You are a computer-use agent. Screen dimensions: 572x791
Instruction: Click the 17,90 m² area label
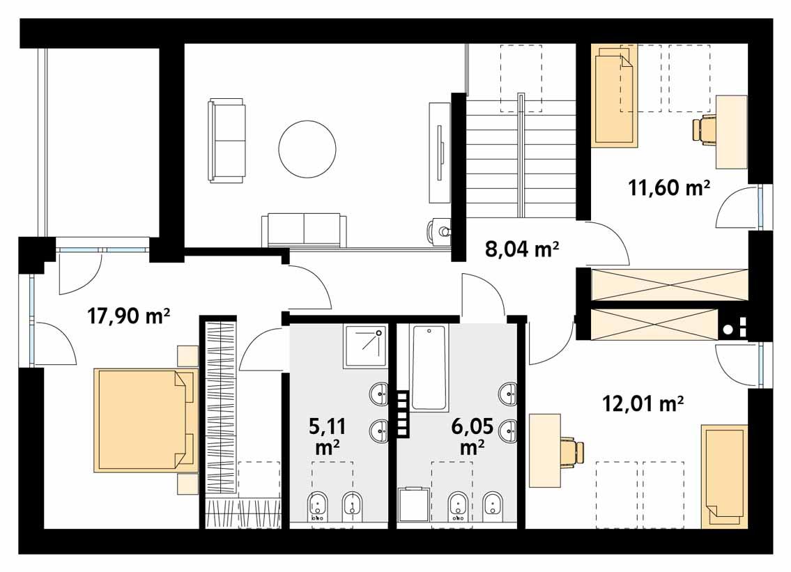[x=129, y=317]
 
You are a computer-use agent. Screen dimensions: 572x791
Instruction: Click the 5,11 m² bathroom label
[x=326, y=435]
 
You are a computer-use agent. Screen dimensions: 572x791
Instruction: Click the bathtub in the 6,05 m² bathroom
[x=429, y=368]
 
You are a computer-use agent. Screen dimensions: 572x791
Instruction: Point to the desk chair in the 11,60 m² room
[x=705, y=130]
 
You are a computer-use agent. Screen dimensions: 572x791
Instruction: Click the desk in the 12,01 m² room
[x=545, y=450]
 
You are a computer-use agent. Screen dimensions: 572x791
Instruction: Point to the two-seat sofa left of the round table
[x=226, y=140]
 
